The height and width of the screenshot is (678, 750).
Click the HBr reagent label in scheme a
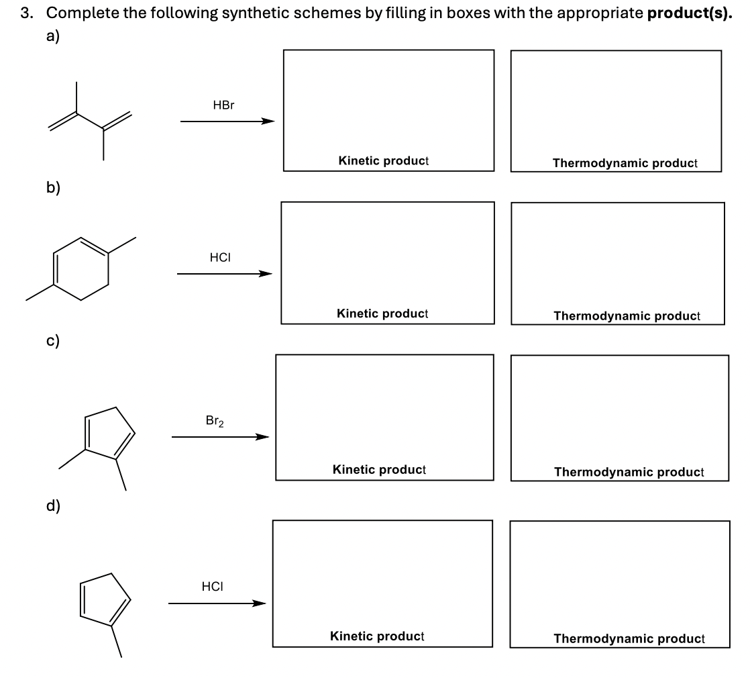coord(223,105)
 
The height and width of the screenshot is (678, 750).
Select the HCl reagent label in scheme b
coord(221,257)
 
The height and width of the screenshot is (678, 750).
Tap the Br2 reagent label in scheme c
coord(215,422)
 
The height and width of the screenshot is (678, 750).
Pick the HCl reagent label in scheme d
coord(212,586)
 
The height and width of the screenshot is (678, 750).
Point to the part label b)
coord(53,187)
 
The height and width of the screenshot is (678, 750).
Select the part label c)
coord(53,341)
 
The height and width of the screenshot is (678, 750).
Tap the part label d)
coord(53,505)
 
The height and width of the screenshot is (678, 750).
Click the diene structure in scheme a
coord(91,121)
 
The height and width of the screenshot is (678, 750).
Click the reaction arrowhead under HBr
coord(268,122)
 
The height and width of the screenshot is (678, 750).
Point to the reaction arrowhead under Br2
coord(261,438)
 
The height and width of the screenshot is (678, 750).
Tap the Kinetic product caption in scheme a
coord(384,161)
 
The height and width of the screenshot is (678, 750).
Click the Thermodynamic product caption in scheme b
coord(627,316)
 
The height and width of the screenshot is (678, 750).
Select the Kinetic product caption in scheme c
coord(379,470)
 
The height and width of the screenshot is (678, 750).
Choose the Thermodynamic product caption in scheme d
coord(629,639)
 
